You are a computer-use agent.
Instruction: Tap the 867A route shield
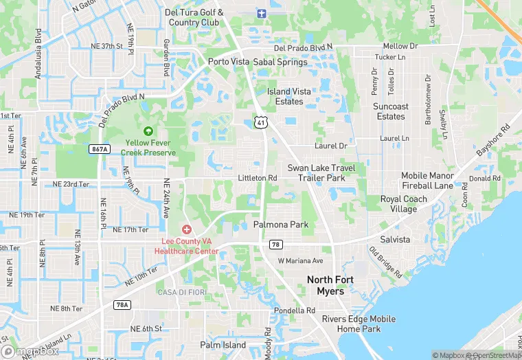point(100,149)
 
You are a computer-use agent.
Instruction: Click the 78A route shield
point(122,304)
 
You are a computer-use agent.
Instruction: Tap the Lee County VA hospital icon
point(186,229)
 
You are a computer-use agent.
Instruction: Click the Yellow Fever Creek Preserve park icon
point(147,131)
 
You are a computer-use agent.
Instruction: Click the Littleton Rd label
point(257,178)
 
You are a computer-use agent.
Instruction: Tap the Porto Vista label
point(229,62)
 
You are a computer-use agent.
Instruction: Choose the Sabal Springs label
point(280,62)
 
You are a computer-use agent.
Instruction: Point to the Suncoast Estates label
point(391,111)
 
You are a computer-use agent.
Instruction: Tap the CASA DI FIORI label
point(179,293)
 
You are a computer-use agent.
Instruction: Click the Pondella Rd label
point(294,311)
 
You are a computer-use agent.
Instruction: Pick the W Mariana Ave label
point(300,261)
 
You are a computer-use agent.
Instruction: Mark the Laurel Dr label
point(331,146)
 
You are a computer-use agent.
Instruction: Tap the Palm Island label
point(223,345)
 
